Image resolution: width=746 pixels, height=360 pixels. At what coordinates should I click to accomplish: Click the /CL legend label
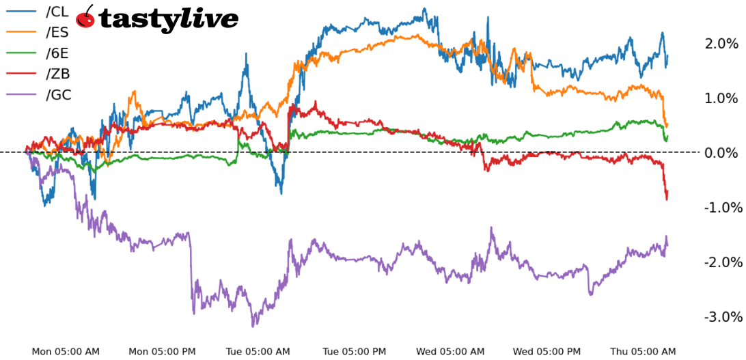coord(57,12)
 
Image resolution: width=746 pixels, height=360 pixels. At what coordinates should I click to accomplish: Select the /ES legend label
coord(57,32)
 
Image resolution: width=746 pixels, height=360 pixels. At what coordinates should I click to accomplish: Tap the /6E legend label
coord(57,53)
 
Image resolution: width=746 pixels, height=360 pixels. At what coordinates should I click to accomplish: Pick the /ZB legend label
coord(57,74)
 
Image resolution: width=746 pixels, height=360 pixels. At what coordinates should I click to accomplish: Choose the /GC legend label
coord(58,95)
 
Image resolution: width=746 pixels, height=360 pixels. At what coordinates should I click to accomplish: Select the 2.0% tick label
coord(721,44)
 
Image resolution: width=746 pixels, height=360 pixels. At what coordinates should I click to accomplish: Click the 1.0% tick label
coord(721,98)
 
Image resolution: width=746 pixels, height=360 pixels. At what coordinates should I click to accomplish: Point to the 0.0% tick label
coord(721,152)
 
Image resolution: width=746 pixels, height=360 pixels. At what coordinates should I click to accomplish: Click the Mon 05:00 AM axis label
coord(66,352)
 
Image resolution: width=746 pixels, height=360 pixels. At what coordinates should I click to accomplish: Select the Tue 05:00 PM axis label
coord(354,352)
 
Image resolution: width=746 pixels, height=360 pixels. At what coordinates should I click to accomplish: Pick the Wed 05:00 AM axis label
coord(450,352)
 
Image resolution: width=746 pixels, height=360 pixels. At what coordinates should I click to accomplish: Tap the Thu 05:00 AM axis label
coord(643,352)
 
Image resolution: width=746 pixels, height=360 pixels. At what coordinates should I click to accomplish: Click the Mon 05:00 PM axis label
coord(162,352)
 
